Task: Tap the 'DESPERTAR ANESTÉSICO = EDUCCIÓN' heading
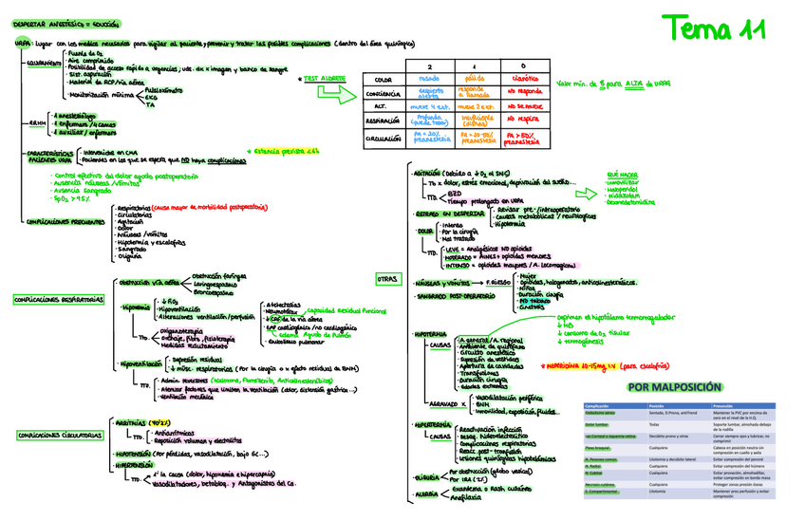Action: click(x=61, y=22)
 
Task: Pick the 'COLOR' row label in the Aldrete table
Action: click(x=384, y=81)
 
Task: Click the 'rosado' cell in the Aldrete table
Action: click(x=429, y=80)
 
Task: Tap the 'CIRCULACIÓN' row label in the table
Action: click(x=384, y=139)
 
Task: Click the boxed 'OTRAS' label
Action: click(x=387, y=278)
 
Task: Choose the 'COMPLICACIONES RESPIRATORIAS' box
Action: click(x=58, y=300)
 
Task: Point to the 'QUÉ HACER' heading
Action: click(x=622, y=176)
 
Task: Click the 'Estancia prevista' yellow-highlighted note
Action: click(x=286, y=151)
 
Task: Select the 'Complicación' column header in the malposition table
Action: click(x=597, y=406)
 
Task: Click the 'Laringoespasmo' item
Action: click(x=219, y=283)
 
